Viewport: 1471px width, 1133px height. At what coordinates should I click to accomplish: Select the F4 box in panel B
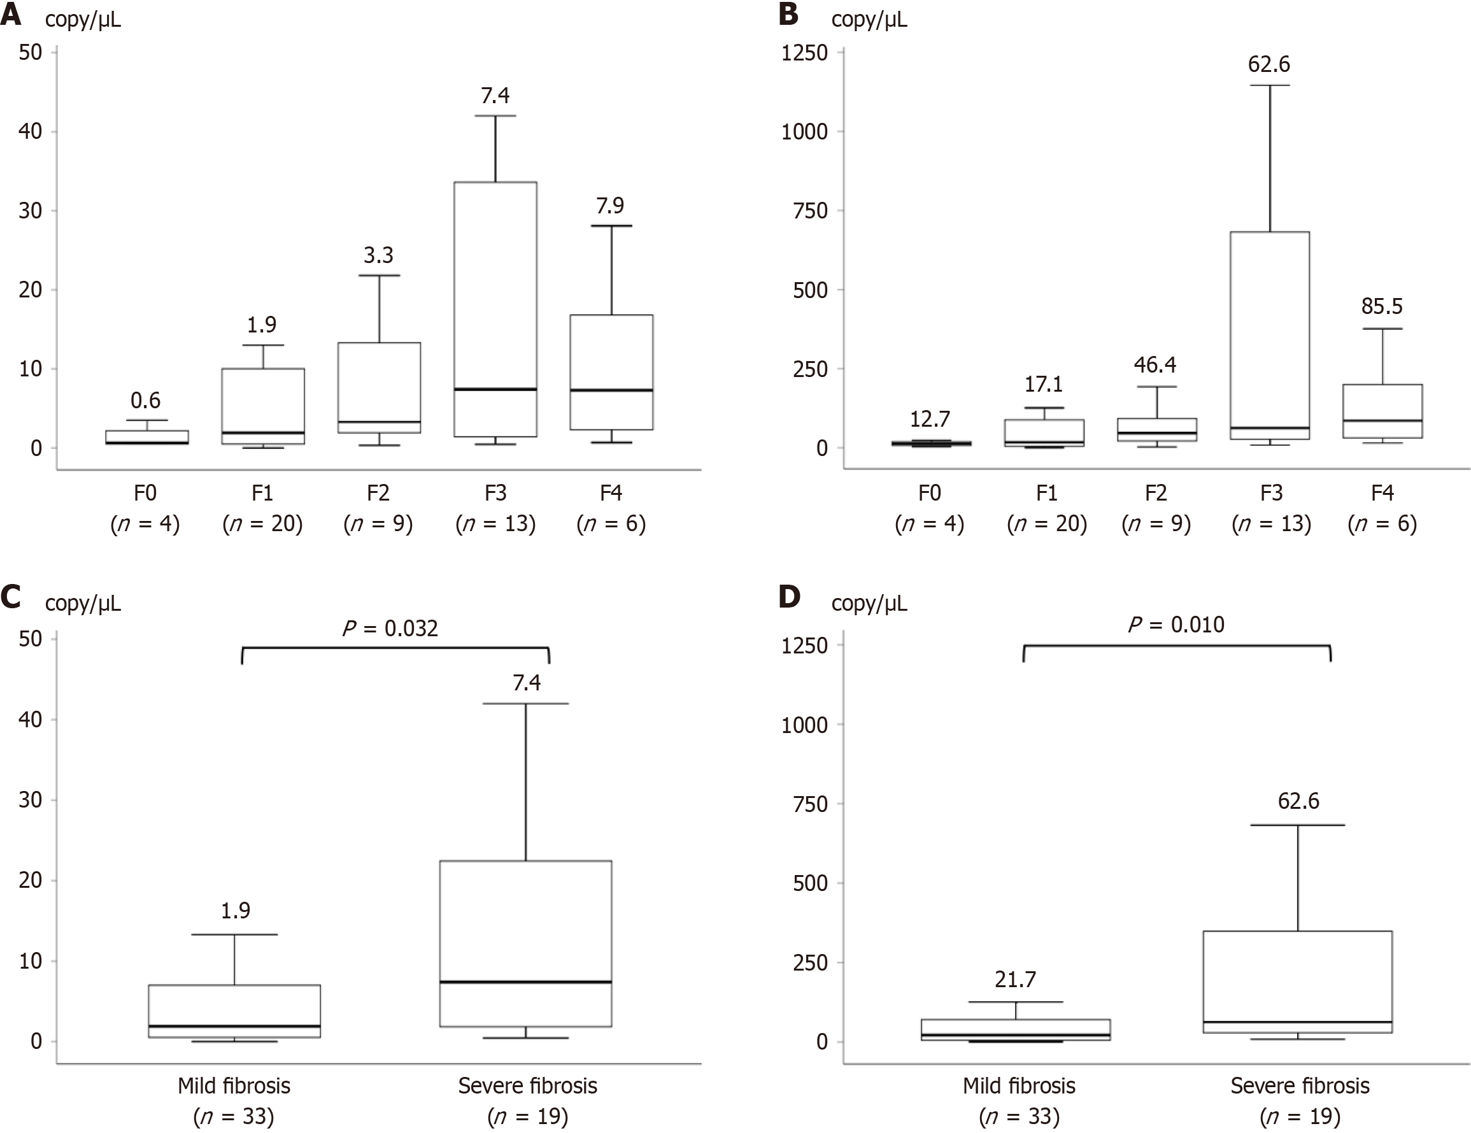click(1382, 411)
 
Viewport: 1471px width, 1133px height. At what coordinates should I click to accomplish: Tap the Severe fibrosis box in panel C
click(525, 943)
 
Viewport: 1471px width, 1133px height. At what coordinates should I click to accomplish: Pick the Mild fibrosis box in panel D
click(1015, 1030)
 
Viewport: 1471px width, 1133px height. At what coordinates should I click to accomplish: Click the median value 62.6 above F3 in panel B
click(1269, 65)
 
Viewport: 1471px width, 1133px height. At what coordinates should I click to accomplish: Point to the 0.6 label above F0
click(145, 401)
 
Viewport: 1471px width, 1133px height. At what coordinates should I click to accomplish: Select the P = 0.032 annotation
click(390, 629)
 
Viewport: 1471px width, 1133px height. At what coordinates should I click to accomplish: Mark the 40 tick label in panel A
click(31, 131)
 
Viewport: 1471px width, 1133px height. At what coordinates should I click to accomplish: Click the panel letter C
click(11, 597)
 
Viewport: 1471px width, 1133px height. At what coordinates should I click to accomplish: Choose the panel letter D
click(790, 597)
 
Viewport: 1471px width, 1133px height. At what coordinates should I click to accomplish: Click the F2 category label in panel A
click(378, 493)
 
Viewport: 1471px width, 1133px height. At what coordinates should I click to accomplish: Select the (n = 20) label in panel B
click(1047, 524)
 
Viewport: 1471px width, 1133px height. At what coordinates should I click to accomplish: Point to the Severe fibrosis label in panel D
click(1300, 1086)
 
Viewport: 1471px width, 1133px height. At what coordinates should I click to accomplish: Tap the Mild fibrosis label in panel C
click(234, 1086)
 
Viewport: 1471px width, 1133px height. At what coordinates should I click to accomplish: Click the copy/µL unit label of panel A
click(83, 20)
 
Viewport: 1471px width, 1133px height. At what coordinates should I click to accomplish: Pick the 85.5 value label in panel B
click(1382, 306)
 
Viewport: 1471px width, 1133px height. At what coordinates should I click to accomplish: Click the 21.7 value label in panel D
click(1015, 980)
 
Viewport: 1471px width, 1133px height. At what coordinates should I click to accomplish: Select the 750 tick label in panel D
click(810, 804)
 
